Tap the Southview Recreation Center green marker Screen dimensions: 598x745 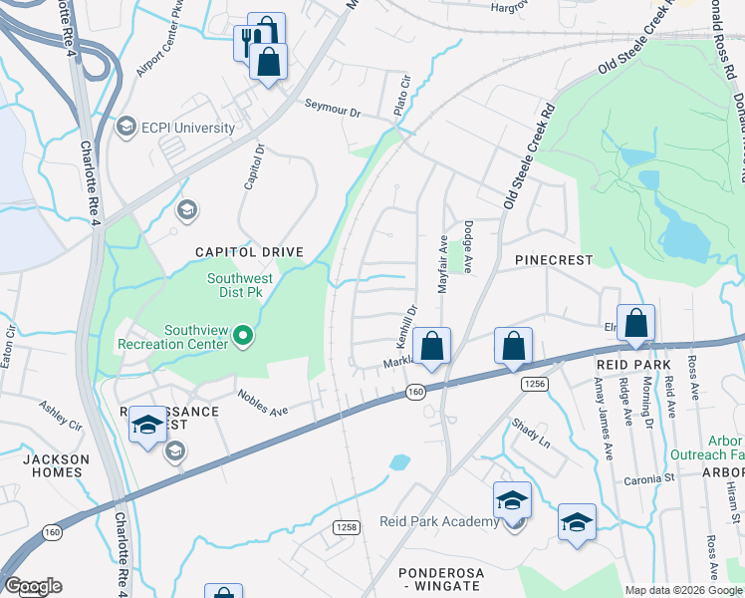pos(243,339)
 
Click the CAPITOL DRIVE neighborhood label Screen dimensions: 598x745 pos(248,252)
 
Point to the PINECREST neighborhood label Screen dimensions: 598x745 pos(554,260)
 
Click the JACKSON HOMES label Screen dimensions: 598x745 pos(56,466)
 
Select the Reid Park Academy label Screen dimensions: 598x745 pos(439,522)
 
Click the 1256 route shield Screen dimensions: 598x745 pos(536,383)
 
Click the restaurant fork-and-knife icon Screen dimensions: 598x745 pos(247,42)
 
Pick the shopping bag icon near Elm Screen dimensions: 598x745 pos(636,323)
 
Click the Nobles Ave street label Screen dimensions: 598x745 pos(262,403)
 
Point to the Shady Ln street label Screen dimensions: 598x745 pos(530,433)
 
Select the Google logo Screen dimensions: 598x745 pos(33,586)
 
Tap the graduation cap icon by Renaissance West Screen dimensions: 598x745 pos(147,426)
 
